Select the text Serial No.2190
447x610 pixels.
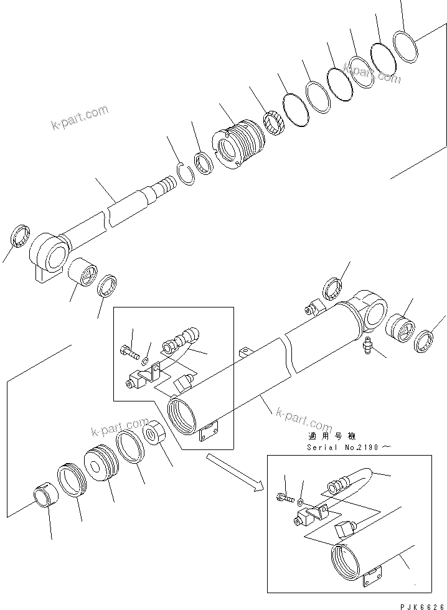pyautogui.click(x=341, y=447)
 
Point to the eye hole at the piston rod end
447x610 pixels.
pyautogui.click(x=56, y=255)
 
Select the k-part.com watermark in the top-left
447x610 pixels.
pyautogui.click(x=79, y=120)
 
